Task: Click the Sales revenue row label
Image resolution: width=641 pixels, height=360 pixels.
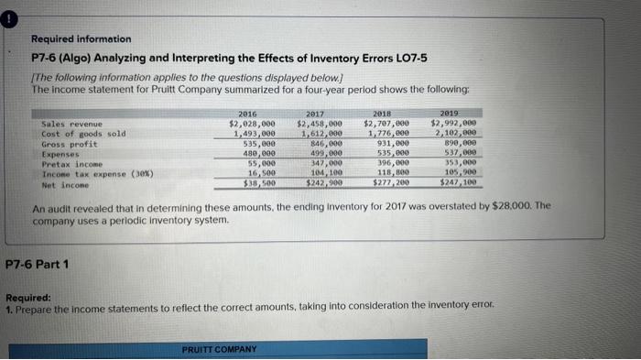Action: [x=69, y=122]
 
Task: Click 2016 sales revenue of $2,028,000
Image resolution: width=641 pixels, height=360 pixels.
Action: [x=252, y=122]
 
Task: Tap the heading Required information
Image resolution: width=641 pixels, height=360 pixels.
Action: [x=81, y=39]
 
